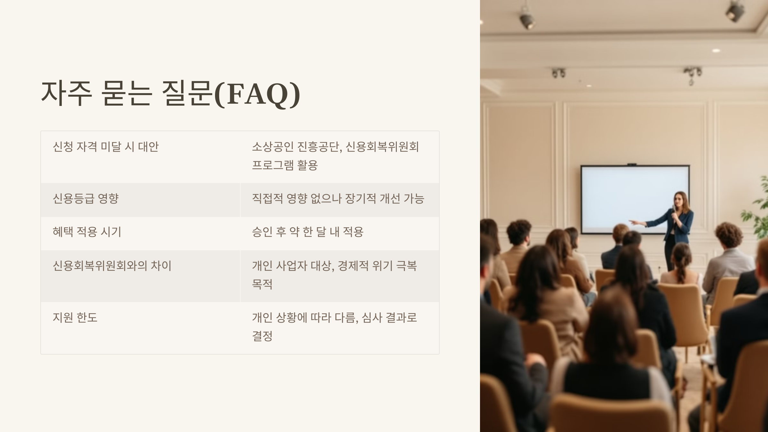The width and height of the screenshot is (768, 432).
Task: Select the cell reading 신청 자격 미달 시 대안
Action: pos(106,147)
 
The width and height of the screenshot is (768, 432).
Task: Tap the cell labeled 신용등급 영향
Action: pos(86,199)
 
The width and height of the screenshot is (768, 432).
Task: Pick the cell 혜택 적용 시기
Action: pos(87,232)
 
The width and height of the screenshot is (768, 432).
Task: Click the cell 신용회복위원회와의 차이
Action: pos(112,266)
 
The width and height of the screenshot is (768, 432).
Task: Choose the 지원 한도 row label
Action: pos(75,318)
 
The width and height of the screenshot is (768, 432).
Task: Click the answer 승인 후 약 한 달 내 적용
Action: pos(308,232)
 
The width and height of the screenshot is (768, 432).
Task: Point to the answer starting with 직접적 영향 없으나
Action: pos(338,199)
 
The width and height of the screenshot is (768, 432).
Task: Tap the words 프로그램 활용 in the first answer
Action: pos(285,165)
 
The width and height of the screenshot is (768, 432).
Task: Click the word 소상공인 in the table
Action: pos(273,147)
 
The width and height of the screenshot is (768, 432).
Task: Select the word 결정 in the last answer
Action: pos(262,336)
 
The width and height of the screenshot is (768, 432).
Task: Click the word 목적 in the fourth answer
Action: pos(262,284)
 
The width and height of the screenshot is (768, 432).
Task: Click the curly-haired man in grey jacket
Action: pos(728,253)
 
